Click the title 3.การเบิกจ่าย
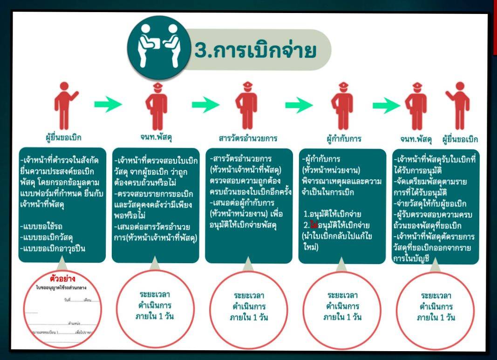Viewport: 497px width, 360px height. pos(255,50)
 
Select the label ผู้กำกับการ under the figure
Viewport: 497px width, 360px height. pos(344,138)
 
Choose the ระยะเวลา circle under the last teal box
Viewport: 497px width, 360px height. pos(437,306)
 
